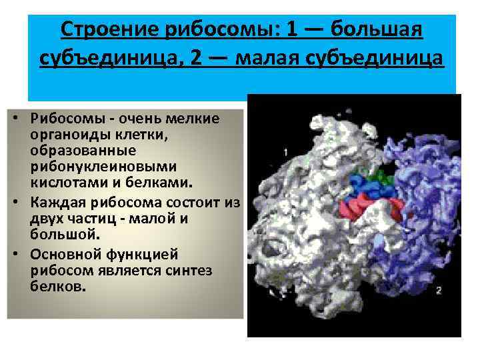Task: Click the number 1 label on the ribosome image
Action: pyautogui.click(x=285, y=153)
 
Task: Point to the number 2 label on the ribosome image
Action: pyautogui.click(x=438, y=290)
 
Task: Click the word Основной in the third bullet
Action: pyautogui.click(x=59, y=254)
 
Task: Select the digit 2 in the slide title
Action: pyautogui.click(x=195, y=59)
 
